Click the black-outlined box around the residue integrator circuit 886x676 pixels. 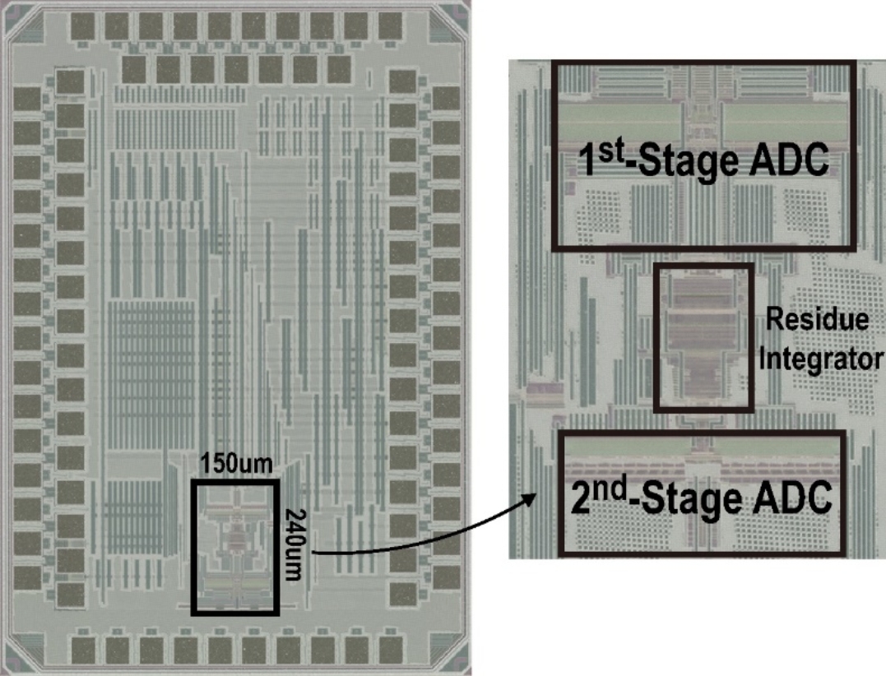(x=703, y=338)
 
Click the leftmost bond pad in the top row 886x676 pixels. (x=85, y=27)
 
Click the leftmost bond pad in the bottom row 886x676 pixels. (x=85, y=648)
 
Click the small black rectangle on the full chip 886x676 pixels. (x=235, y=547)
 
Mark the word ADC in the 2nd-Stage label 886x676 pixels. (x=791, y=500)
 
